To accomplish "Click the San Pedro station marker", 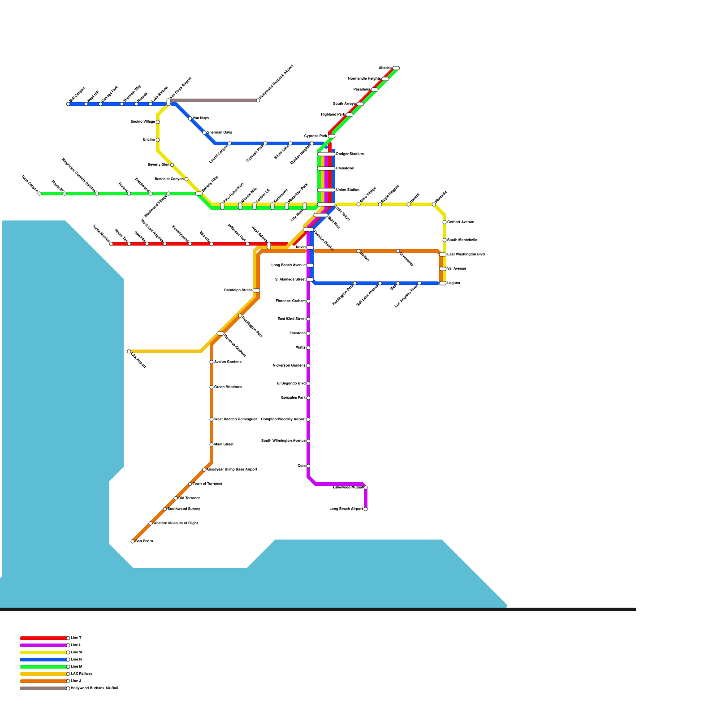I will pyautogui.click(x=133, y=541).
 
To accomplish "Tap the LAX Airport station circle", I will pyautogui.click(x=129, y=351).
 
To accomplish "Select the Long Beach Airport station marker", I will pyautogui.click(x=366, y=509).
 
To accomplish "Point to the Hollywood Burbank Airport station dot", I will pyautogui.click(x=258, y=100).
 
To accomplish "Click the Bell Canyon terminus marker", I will pyautogui.click(x=68, y=104).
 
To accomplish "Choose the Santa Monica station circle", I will pyautogui.click(x=111, y=244).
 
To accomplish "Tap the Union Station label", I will pyautogui.click(x=348, y=190).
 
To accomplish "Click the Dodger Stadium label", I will pyautogui.click(x=350, y=154).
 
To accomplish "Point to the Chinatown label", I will pyautogui.click(x=345, y=168).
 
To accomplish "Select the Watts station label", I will pyautogui.click(x=301, y=348).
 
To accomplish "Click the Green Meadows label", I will pyautogui.click(x=228, y=387).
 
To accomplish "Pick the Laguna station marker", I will pyautogui.click(x=443, y=283).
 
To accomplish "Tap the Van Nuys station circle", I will pyautogui.click(x=190, y=118).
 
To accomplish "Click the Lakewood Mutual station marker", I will pyautogui.click(x=366, y=488).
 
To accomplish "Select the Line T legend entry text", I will pyautogui.click(x=76, y=638).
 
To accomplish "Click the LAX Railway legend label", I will pyautogui.click(x=82, y=674).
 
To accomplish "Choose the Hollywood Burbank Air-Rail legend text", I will pyautogui.click(x=94, y=688).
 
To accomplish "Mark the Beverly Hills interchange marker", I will pyautogui.click(x=199, y=194).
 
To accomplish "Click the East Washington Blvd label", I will pyautogui.click(x=466, y=255).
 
